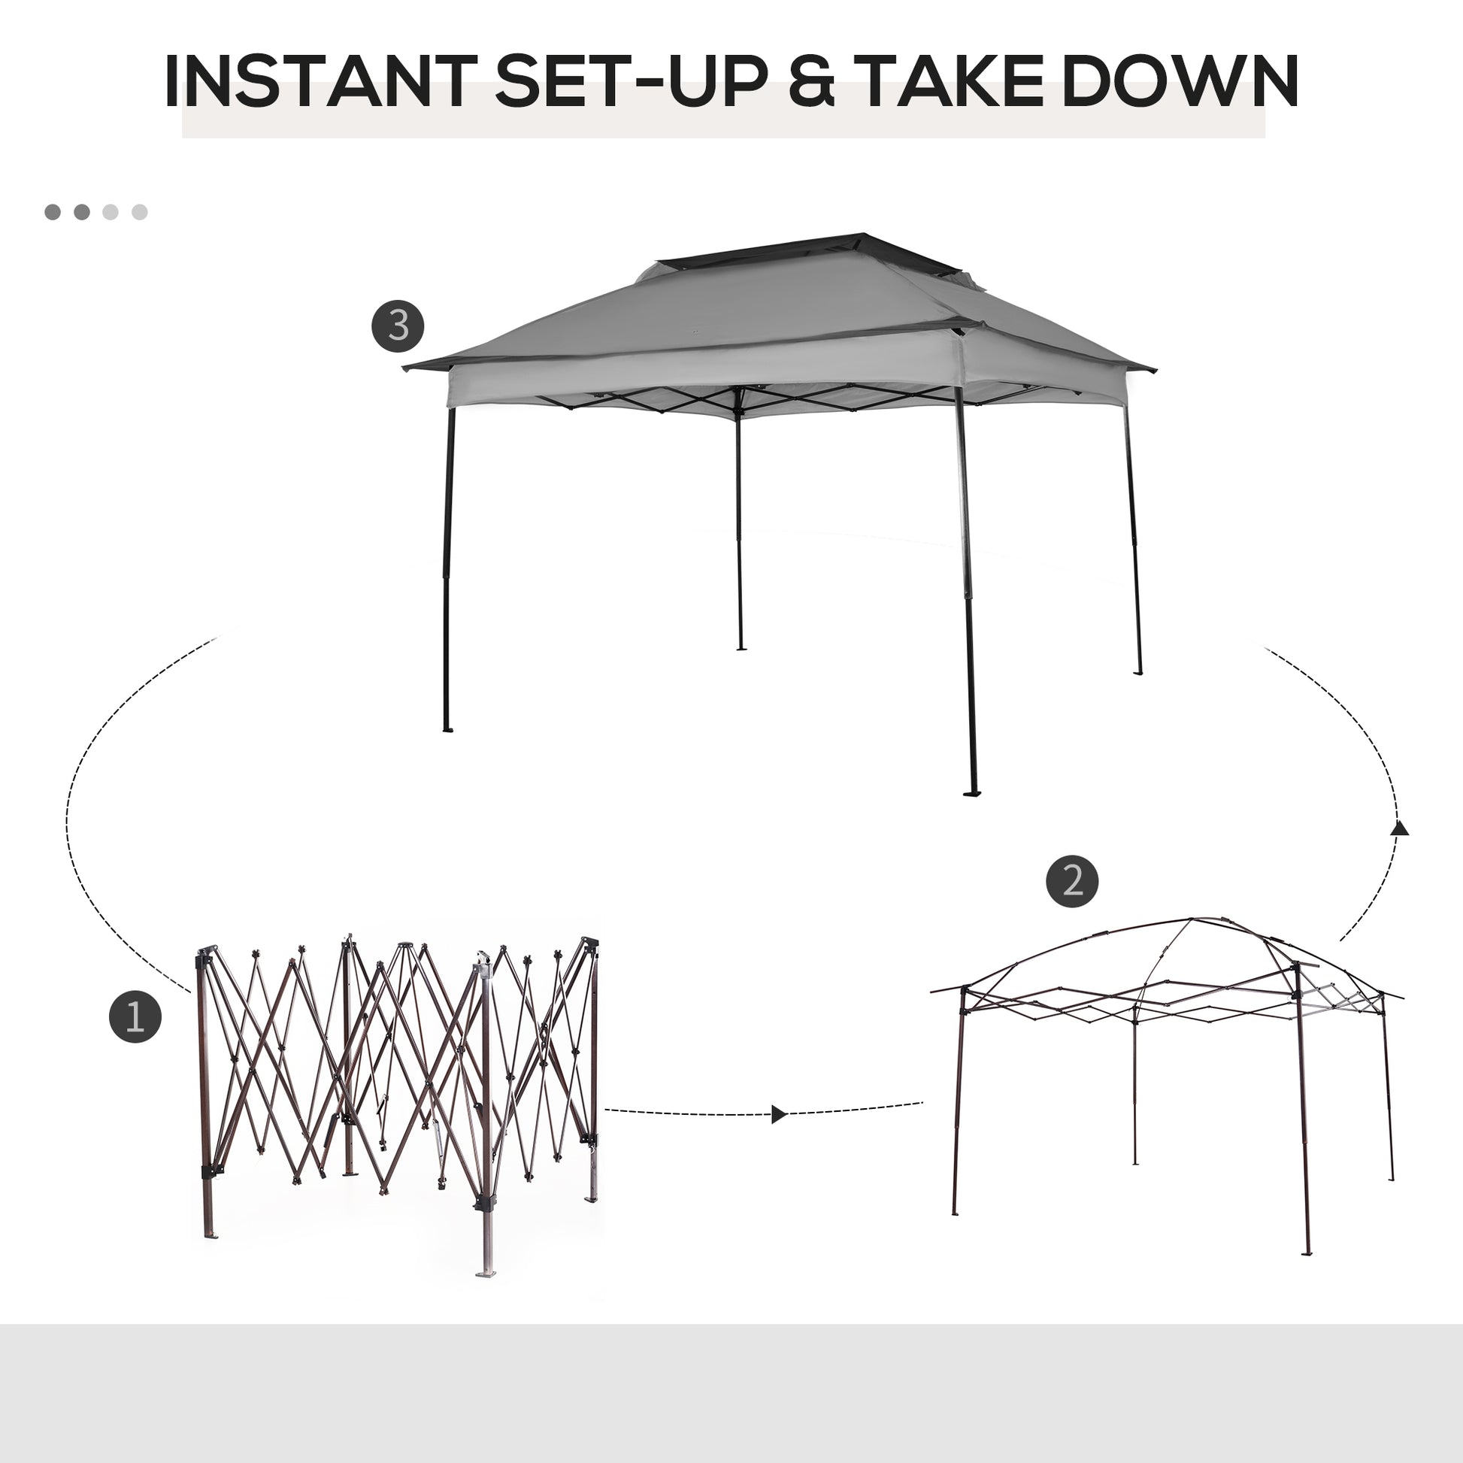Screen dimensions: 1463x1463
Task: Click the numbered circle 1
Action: [135, 1017]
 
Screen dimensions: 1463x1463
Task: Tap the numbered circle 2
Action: [1072, 881]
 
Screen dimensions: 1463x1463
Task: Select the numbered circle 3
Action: [398, 326]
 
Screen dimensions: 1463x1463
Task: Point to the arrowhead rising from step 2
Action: [1400, 828]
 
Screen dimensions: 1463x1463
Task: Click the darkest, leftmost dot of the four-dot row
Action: [53, 212]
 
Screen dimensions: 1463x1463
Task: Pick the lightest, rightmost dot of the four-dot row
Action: [139, 212]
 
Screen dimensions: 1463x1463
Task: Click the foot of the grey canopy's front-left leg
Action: [447, 730]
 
